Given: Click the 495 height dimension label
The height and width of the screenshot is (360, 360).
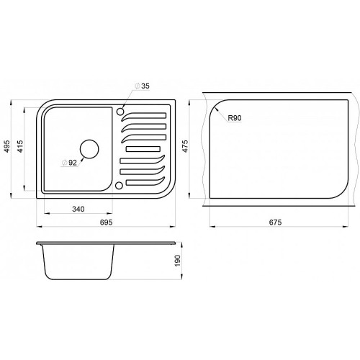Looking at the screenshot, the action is pyautogui.click(x=7, y=146).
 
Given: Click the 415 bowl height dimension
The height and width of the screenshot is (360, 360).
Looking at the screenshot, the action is pyautogui.click(x=20, y=146).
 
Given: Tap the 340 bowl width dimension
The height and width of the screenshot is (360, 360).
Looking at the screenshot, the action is pyautogui.click(x=78, y=209).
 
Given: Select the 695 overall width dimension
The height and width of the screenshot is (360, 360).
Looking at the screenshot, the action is pyautogui.click(x=106, y=222).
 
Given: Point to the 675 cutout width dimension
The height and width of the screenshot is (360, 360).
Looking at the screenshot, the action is pyautogui.click(x=275, y=222).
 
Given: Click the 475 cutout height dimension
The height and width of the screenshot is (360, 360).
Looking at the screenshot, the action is pyautogui.click(x=185, y=146).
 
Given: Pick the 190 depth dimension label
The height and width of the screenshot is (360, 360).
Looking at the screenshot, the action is pyautogui.click(x=177, y=261).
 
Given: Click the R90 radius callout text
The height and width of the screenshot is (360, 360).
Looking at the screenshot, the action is pyautogui.click(x=235, y=118).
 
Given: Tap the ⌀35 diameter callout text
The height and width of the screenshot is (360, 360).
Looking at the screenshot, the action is pyautogui.click(x=143, y=86).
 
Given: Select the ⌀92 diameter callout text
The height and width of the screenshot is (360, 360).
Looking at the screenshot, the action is pyautogui.click(x=69, y=163).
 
